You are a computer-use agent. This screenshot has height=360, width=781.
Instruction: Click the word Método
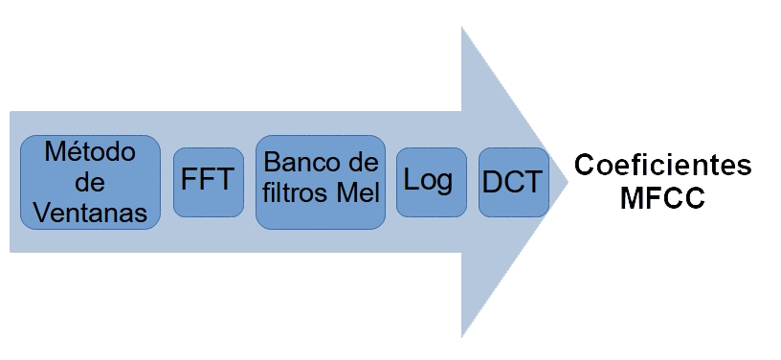(x=90, y=151)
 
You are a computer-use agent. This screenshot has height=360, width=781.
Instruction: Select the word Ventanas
(x=90, y=213)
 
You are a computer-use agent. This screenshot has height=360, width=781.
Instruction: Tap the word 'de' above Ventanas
(x=90, y=182)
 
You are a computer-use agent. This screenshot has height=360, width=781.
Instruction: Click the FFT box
(x=208, y=182)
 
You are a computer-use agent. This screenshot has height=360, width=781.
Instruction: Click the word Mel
(x=359, y=193)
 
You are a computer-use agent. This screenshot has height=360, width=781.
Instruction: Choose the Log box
(x=431, y=182)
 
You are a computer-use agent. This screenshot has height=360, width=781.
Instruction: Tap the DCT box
(x=513, y=182)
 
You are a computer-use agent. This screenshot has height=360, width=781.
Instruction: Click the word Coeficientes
(x=662, y=165)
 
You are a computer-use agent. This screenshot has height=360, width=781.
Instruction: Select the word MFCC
(x=662, y=201)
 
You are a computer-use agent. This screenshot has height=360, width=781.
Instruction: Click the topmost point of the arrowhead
(x=462, y=28)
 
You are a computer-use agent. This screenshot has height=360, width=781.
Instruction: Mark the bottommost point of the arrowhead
(x=462, y=336)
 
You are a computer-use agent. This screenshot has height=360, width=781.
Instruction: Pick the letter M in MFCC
(x=632, y=201)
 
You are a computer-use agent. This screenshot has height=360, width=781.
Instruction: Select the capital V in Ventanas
(x=41, y=213)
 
